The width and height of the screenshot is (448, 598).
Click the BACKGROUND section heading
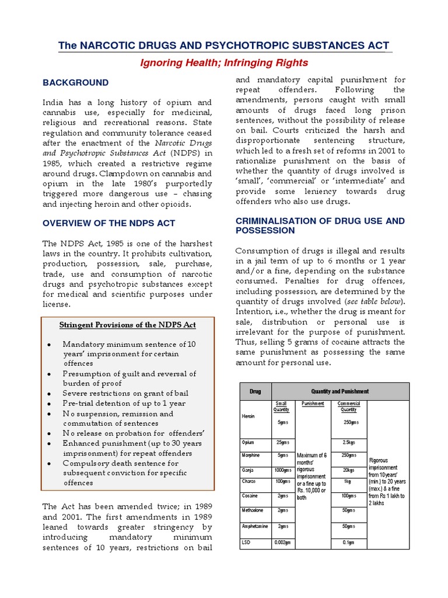(x=75, y=83)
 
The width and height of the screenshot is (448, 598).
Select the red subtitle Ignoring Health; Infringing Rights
(x=224, y=62)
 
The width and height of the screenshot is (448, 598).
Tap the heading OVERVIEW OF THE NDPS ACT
(x=108, y=223)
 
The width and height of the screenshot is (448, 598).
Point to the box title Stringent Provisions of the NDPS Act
(x=128, y=325)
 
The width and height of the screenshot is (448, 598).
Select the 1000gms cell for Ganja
(x=283, y=470)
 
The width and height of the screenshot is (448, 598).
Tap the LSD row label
(x=246, y=543)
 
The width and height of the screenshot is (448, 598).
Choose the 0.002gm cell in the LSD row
(x=283, y=543)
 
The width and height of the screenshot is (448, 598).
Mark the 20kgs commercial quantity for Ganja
(x=349, y=470)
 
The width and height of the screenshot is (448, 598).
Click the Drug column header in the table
(x=255, y=391)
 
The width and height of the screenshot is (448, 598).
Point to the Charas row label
(x=249, y=481)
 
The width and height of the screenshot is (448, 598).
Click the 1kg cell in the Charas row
(x=349, y=481)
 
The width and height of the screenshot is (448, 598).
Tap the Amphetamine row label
(x=254, y=526)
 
